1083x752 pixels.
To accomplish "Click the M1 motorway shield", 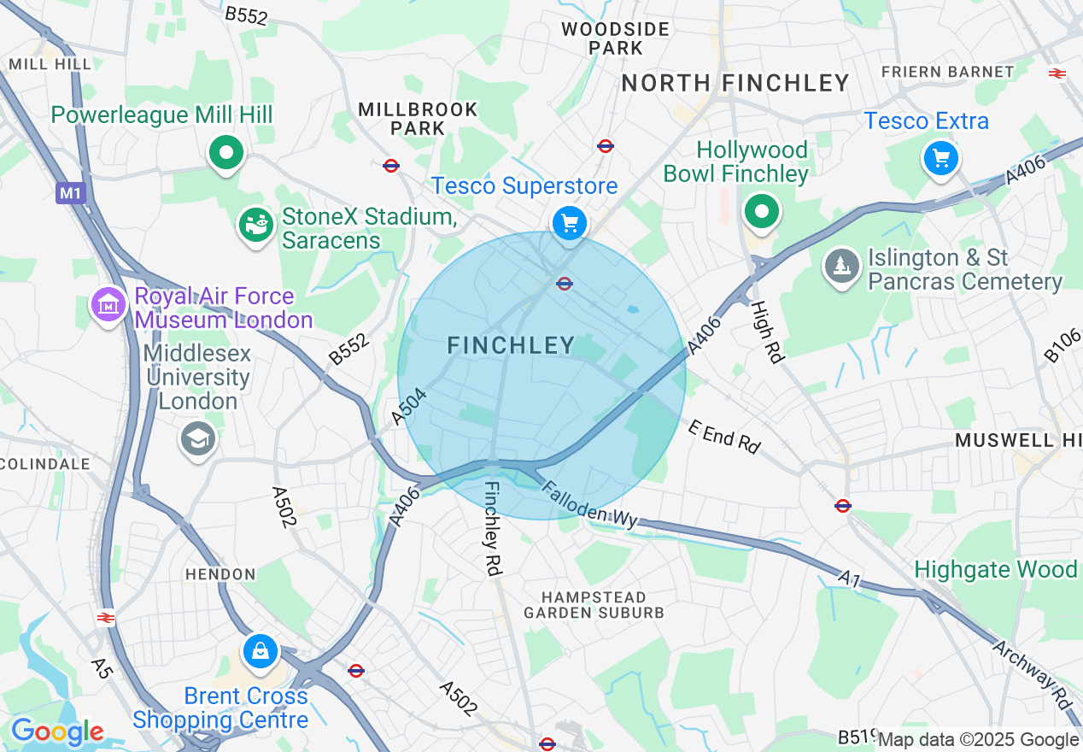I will coord(71,193).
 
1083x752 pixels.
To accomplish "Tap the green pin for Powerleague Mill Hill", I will coord(226,155).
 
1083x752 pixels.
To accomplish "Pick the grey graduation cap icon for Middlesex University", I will coord(198,439).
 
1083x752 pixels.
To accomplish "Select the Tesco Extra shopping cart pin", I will coord(940,159).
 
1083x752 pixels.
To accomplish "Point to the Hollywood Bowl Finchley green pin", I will coord(762,212).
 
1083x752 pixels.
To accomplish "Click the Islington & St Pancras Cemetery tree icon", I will coord(842,267).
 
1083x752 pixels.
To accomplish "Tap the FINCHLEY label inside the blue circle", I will coord(512,345).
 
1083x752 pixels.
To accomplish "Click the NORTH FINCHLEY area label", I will coord(735,83).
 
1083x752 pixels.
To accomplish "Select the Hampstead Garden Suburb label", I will coord(594,604).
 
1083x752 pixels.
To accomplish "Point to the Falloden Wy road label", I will coord(590,507).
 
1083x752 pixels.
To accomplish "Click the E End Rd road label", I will coord(723,437).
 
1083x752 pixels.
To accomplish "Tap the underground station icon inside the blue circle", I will coord(564,284).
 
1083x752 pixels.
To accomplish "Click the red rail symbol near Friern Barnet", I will coord(1057,73).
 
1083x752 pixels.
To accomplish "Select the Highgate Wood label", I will coord(995,569).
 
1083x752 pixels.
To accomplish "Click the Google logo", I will coord(57,732).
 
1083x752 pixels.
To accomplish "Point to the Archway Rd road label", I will coord(1033,673).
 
